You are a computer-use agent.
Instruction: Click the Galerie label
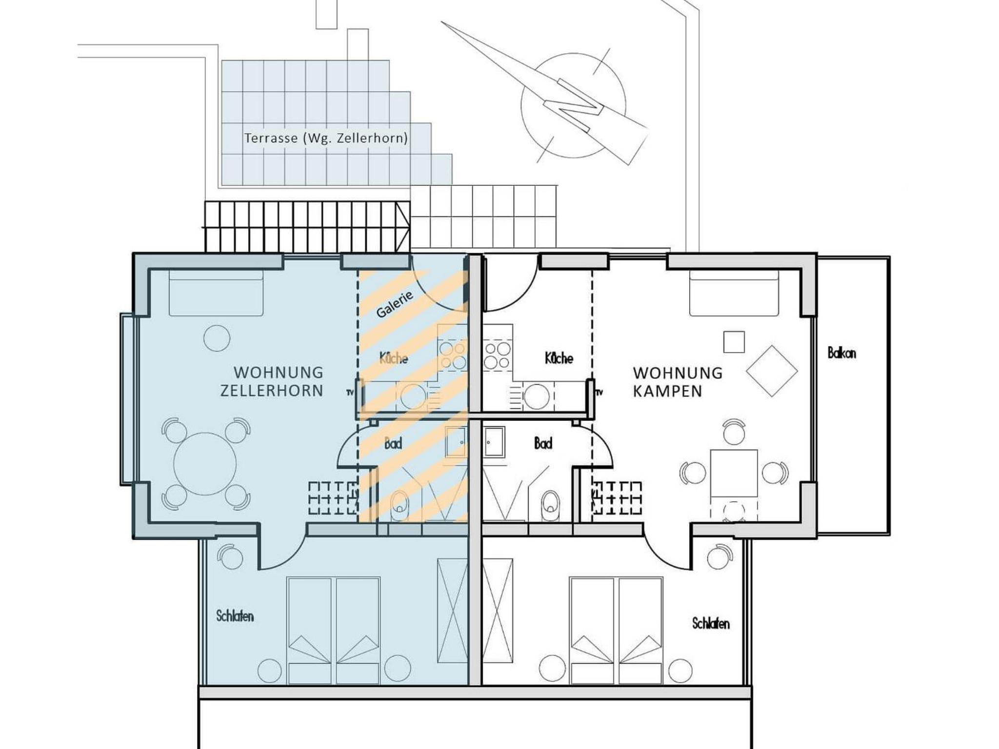point(395,304)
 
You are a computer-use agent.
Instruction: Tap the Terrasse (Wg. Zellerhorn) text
point(326,138)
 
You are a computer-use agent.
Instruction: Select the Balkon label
point(841,353)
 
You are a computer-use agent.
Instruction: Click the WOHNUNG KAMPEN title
point(678,382)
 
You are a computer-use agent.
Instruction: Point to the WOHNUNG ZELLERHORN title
point(272,381)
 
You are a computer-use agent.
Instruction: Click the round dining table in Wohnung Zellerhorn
point(205,463)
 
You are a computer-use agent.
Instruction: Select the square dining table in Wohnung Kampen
point(734,473)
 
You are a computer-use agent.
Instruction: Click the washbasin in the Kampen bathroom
point(494,442)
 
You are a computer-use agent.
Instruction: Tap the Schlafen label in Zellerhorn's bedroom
point(235,616)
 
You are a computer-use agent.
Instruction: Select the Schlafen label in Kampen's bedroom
point(711,623)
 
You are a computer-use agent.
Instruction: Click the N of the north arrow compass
point(573,105)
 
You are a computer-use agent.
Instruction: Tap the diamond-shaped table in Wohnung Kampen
point(772,371)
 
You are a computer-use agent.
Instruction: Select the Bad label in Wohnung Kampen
point(543,443)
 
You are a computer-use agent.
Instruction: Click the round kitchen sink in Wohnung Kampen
point(537,396)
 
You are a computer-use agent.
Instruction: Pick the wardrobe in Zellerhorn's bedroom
point(452,611)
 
